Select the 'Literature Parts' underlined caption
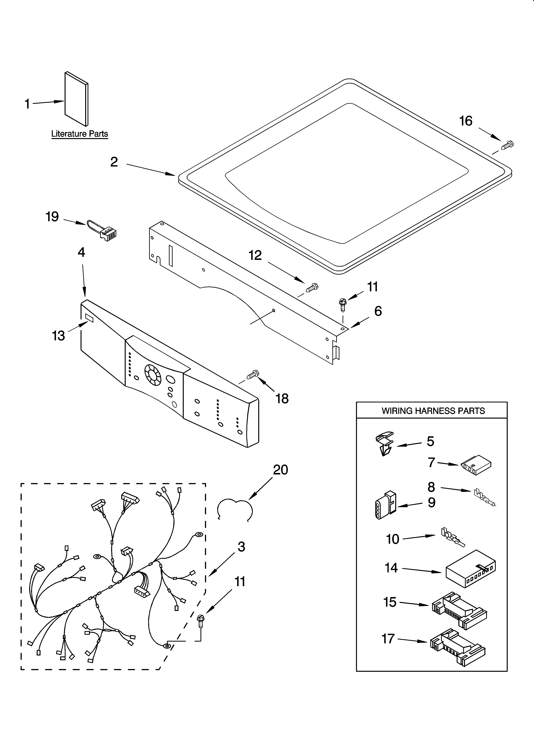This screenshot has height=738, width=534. click(x=80, y=134)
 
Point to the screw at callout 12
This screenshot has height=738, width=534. click(x=311, y=288)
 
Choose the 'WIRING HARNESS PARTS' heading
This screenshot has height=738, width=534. click(x=433, y=411)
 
